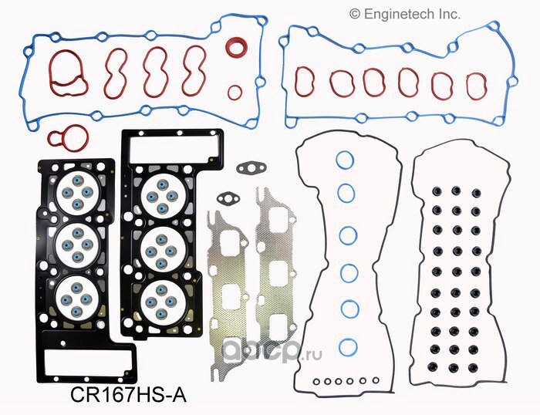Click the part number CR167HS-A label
129,395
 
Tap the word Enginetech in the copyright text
394,14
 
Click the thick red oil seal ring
237,46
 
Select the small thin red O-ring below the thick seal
235,93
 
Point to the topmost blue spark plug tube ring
345,160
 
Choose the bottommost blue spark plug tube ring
348,348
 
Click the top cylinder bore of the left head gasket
78,193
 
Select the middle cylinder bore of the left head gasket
77,245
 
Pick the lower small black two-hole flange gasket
228,198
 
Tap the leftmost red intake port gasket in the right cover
305,82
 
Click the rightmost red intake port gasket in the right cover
477,86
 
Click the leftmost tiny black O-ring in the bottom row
316,381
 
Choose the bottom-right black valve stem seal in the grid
473,367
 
